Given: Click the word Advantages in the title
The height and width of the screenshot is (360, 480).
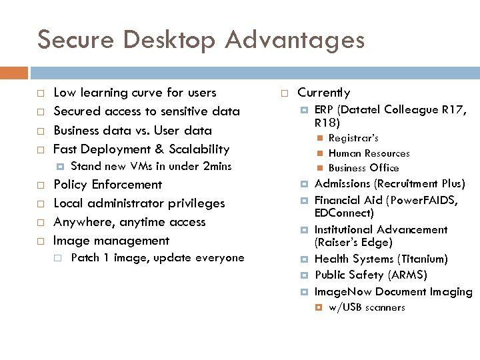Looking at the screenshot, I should point(295,40).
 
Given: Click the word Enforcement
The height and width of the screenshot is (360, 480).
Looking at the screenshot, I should point(127,185).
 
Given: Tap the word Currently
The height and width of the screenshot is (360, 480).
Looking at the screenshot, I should point(323,93).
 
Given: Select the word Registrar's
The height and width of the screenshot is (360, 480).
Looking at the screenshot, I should point(353,138).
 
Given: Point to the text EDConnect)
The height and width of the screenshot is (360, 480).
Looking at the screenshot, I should point(344,213).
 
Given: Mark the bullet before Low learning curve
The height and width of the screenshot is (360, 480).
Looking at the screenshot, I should point(41,93).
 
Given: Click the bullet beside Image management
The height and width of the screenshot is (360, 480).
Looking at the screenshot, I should point(41,241).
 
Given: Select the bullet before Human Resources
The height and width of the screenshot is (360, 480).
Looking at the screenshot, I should point(320,153).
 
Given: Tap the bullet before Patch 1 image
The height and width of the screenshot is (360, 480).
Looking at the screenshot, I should point(59,258).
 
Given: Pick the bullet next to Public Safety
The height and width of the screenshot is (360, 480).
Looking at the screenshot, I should point(304,275).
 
